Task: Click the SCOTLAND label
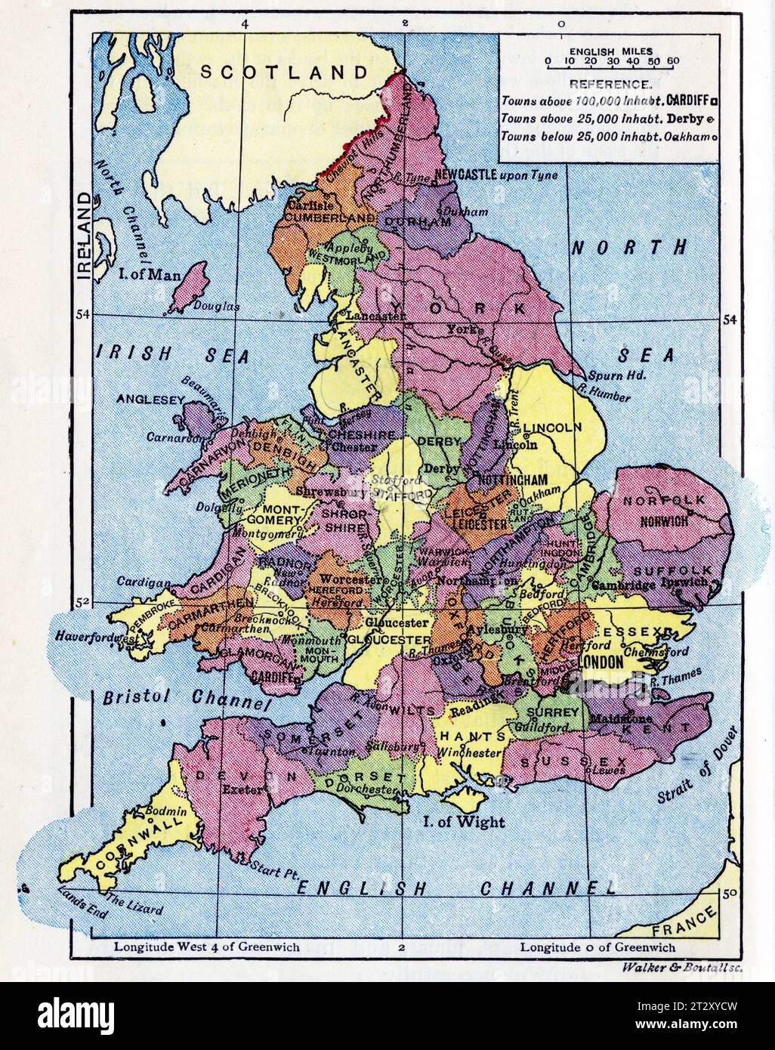click(283, 73)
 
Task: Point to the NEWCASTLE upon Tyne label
click(496, 174)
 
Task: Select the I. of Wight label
click(463, 822)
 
